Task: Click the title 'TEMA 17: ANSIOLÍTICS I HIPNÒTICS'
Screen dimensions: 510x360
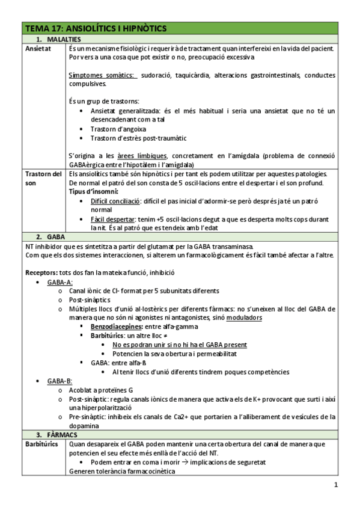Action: pyautogui.click(x=96, y=28)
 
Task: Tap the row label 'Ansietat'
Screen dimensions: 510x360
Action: pyautogui.click(x=38, y=48)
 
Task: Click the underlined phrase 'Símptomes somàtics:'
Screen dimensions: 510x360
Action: pyautogui.click(x=103, y=75)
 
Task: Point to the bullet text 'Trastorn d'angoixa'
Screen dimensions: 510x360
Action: pyautogui.click(x=118, y=129)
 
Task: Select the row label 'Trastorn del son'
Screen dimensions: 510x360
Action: pyautogui.click(x=43, y=179)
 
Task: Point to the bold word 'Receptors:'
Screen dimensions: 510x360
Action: pyautogui.click(x=41, y=272)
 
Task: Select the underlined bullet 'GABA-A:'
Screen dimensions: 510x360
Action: pyautogui.click(x=60, y=281)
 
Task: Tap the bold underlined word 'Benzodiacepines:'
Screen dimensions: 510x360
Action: pyautogui.click(x=118, y=326)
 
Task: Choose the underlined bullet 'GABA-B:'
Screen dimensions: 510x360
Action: pyautogui.click(x=60, y=381)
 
